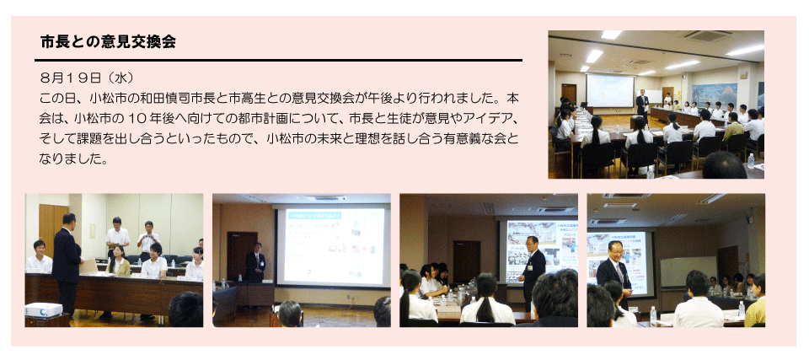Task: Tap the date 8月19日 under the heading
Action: point(70,78)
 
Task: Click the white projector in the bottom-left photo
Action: point(43,309)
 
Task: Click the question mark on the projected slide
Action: point(309,275)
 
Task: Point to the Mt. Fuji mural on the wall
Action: point(714,94)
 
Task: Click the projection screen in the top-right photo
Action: point(610,91)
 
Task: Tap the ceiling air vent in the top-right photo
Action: point(707,35)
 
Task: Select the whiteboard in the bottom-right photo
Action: point(688,271)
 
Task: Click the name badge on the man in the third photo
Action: point(530,267)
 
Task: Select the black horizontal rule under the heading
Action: point(279,61)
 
